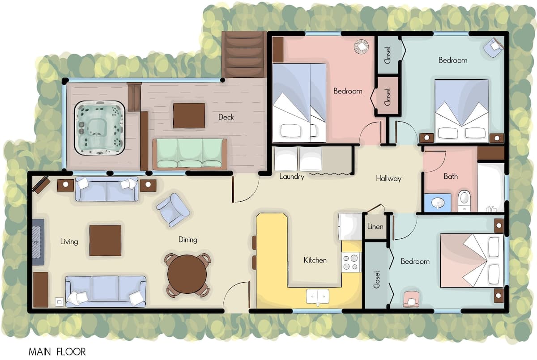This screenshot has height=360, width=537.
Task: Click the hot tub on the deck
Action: [x=99, y=127]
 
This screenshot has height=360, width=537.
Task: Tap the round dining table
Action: [x=187, y=274]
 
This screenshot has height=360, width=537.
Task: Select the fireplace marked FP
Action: [x=38, y=242]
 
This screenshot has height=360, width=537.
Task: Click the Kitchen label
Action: [x=315, y=260]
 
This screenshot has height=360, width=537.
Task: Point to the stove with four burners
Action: [x=351, y=262]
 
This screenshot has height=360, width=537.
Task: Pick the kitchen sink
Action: [x=318, y=296]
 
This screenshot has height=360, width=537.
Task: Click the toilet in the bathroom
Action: [x=464, y=201]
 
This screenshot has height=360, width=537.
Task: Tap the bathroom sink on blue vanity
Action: [x=438, y=203]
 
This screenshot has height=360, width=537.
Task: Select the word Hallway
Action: [x=388, y=178]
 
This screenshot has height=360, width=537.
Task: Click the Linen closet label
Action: [x=375, y=226]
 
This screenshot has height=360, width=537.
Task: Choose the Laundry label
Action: [x=292, y=177]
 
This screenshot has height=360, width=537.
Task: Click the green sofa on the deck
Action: [x=190, y=153]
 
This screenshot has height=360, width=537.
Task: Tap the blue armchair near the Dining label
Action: [x=173, y=210]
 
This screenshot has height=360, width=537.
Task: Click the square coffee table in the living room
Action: [x=105, y=241]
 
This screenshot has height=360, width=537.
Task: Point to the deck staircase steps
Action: [x=244, y=55]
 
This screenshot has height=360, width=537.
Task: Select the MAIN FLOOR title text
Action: [x=57, y=352]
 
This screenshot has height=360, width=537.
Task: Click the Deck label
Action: [x=226, y=117]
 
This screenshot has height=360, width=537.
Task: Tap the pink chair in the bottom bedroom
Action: [x=411, y=299]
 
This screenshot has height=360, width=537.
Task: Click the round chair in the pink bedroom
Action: [x=361, y=46]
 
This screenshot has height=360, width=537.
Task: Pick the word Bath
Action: [x=451, y=176]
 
